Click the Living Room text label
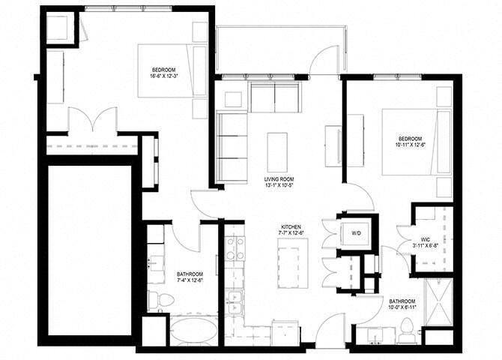pyautogui.click(x=279, y=179)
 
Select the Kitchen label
pyautogui.click(x=291, y=226)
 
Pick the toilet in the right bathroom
pyautogui.click(x=407, y=328)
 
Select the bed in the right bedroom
pyautogui.click(x=408, y=142)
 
